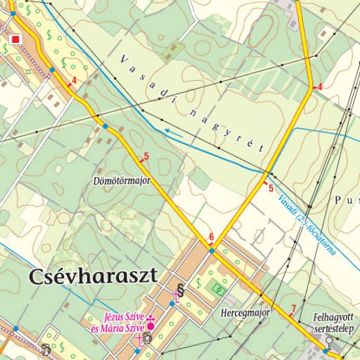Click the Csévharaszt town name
[x=93, y=275]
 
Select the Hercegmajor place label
[x=245, y=311]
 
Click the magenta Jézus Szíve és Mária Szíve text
[x=117, y=322]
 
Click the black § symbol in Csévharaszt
[x=180, y=288]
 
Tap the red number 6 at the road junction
[x=211, y=236]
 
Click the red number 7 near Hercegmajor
[x=293, y=308]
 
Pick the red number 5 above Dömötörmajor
[x=146, y=156]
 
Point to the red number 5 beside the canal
[x=271, y=188]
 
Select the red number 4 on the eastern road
[x=319, y=86]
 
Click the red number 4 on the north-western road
[x=73, y=81]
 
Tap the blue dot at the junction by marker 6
[x=211, y=250]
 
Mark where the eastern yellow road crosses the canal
[x=267, y=172]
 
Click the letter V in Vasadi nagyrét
[x=122, y=58]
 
